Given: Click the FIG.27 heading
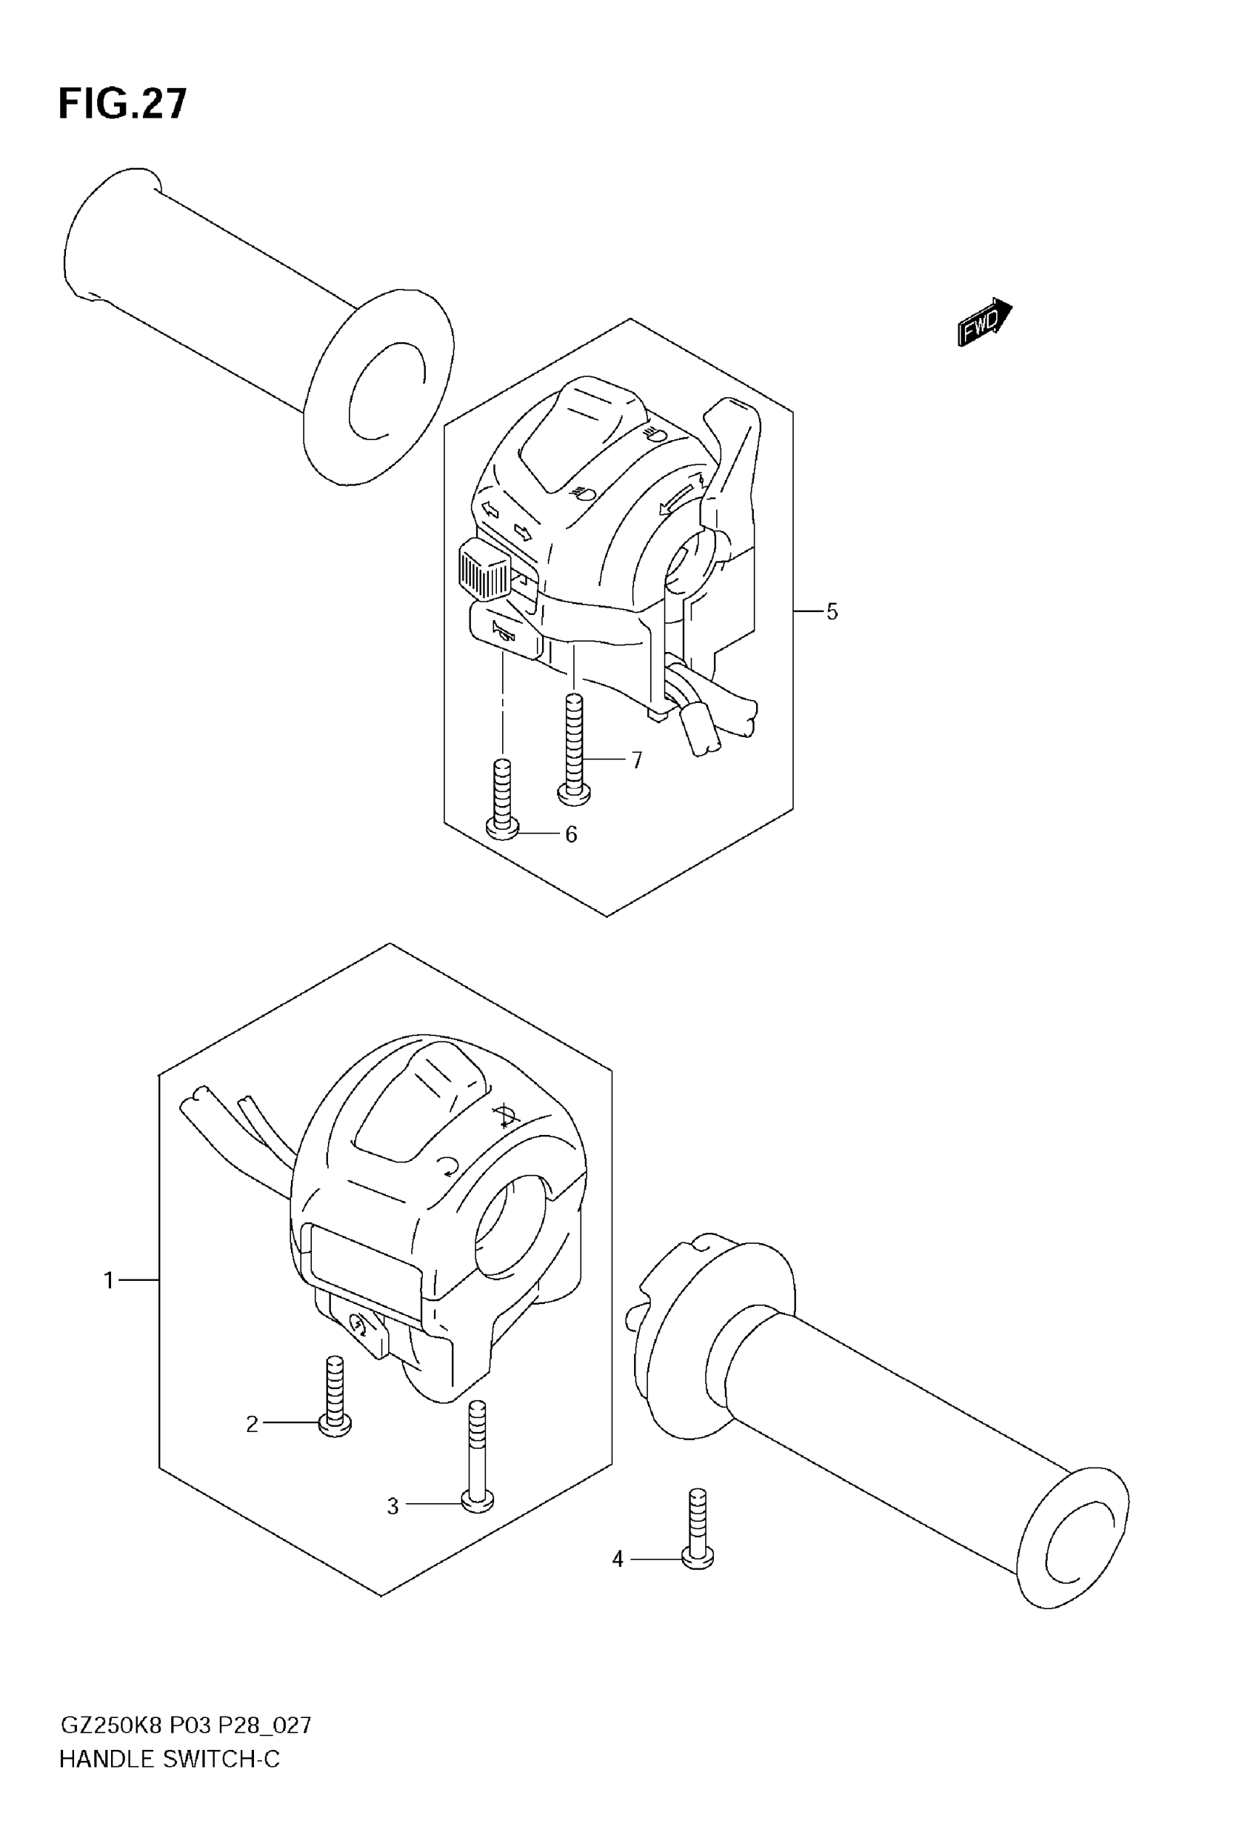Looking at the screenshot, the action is pyautogui.click(x=123, y=104).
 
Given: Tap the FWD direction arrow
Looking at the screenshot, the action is pyautogui.click(x=984, y=322).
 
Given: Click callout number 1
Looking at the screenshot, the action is pyautogui.click(x=109, y=1280).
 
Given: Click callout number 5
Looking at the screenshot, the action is pyautogui.click(x=832, y=611).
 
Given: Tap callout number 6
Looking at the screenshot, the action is pyautogui.click(x=571, y=834).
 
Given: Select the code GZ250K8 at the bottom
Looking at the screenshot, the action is pyautogui.click(x=110, y=1725).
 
